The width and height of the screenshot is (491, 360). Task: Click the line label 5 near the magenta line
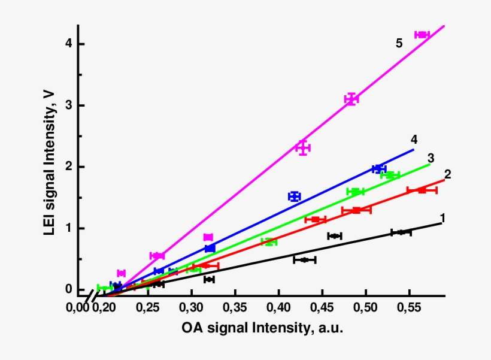[399, 43]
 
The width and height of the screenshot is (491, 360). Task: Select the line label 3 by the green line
[431, 158]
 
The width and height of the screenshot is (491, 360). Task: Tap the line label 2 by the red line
[447, 174]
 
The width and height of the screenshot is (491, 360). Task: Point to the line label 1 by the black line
[442, 217]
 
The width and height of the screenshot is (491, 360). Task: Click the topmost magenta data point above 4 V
[422, 35]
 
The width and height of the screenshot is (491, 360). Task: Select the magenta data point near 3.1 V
[351, 99]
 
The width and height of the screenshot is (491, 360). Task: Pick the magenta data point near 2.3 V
[303, 147]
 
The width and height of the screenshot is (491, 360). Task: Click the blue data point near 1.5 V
[294, 196]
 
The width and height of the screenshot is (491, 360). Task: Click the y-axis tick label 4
[69, 44]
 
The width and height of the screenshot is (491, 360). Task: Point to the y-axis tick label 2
[69, 167]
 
